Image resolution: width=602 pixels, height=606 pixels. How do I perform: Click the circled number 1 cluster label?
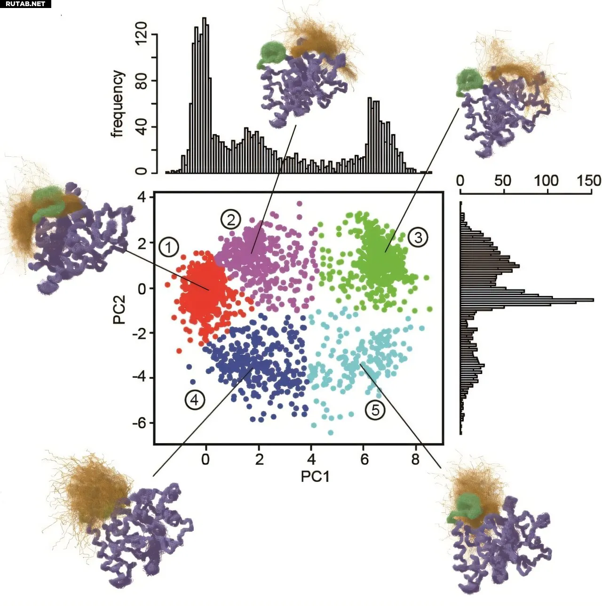[169, 247]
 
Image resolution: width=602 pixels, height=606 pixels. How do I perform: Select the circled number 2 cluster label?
[231, 219]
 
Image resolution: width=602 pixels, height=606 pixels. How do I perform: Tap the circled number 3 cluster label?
[418, 237]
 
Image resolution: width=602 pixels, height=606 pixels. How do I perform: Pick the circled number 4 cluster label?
[195, 400]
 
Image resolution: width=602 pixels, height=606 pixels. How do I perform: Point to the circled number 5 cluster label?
[375, 410]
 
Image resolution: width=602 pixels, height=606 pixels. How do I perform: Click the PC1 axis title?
[315, 477]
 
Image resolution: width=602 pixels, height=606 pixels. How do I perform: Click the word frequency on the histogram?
[118, 104]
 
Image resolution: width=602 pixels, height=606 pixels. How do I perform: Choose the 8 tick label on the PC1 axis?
[415, 459]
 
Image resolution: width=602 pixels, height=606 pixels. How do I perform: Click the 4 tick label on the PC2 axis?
[142, 197]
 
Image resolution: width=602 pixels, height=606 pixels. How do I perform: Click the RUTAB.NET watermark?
[25, 4]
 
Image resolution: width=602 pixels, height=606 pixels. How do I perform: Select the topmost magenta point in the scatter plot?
[299, 204]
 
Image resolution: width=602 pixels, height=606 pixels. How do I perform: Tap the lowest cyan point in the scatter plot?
[331, 432]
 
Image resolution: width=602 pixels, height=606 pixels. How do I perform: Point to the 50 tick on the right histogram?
[503, 181]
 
